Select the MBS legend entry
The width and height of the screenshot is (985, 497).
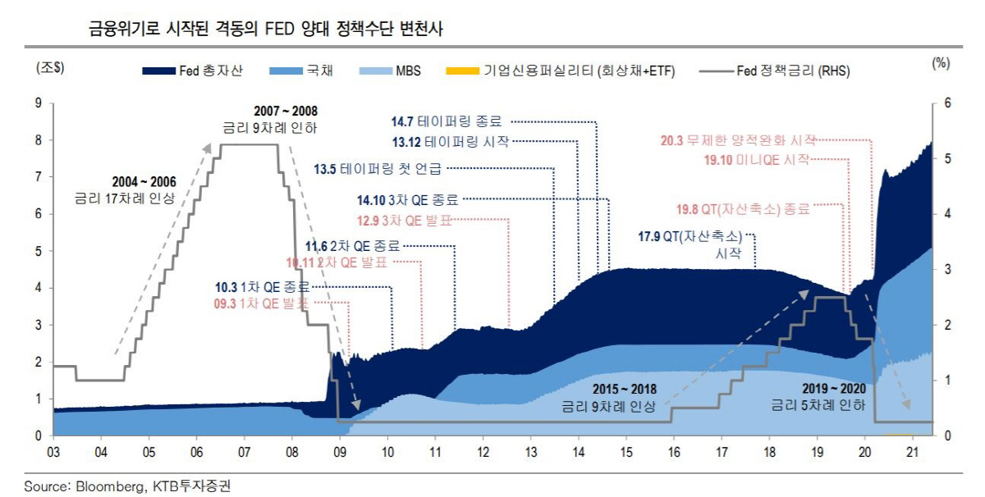pos(391,71)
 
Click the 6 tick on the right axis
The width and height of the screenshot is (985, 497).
pos(947,103)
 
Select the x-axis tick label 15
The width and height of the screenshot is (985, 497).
pos(625,453)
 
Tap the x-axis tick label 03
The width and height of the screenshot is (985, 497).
pos(53,453)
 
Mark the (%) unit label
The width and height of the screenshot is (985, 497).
pos(941,63)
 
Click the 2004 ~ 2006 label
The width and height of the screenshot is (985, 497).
pos(144,180)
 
